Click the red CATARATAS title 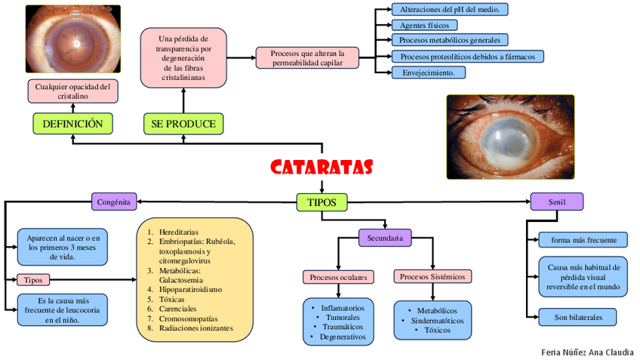(x=322, y=166)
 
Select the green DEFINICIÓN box (x=72, y=124)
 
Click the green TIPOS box (x=322, y=202)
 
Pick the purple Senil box (x=556, y=202)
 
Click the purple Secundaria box (x=385, y=238)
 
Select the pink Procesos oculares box (x=338, y=277)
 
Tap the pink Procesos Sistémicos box (x=433, y=277)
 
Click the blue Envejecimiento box (x=428, y=73)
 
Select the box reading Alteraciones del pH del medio (x=449, y=9)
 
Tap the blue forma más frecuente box (x=583, y=240)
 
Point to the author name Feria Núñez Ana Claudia (x=587, y=352)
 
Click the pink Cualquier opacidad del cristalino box (x=72, y=91)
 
